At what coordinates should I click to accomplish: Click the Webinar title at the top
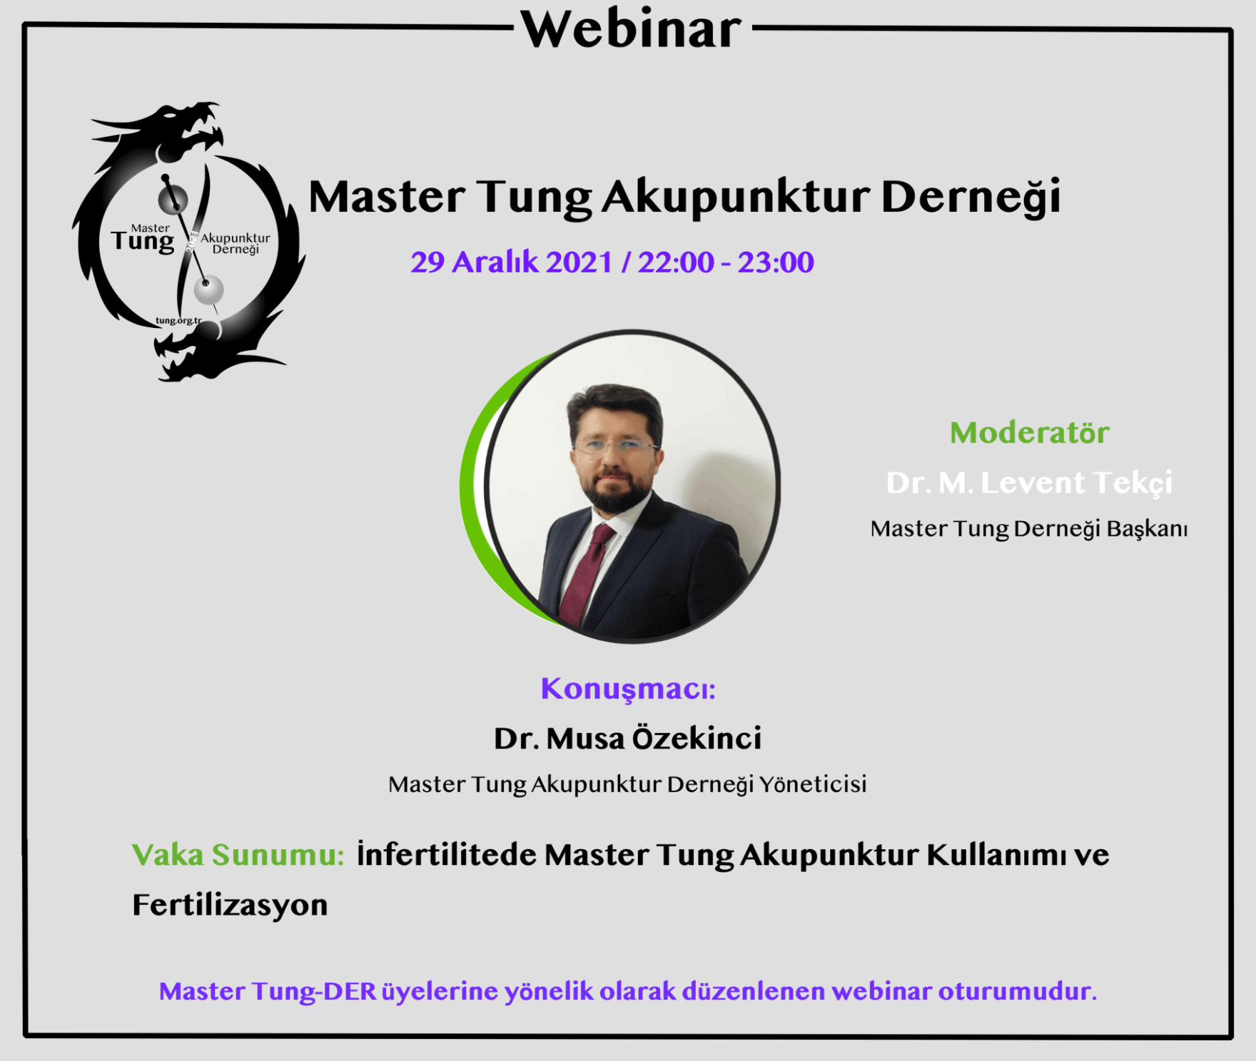pos(632,29)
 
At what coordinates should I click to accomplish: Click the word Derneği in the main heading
pos(971,198)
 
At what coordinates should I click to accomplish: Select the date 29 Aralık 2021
pos(511,262)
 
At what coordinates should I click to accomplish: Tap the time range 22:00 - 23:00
pos(726,262)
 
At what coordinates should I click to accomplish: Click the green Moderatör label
pos(1029,433)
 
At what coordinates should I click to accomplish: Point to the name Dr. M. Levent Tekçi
pos(1029,483)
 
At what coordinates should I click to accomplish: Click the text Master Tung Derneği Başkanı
pos(1029,529)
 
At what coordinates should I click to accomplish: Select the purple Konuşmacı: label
pos(628,690)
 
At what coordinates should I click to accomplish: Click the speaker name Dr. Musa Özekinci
pos(628,739)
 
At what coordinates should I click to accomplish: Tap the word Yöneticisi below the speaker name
pos(813,784)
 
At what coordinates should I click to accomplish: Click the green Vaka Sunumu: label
pos(238,855)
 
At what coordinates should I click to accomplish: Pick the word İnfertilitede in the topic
pos(447,854)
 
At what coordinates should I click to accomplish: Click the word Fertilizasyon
pos(230,906)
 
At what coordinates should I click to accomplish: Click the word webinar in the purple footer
pos(881,991)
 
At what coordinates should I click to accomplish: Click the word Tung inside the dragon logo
pos(143,242)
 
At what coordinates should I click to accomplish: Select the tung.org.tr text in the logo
pos(178,321)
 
